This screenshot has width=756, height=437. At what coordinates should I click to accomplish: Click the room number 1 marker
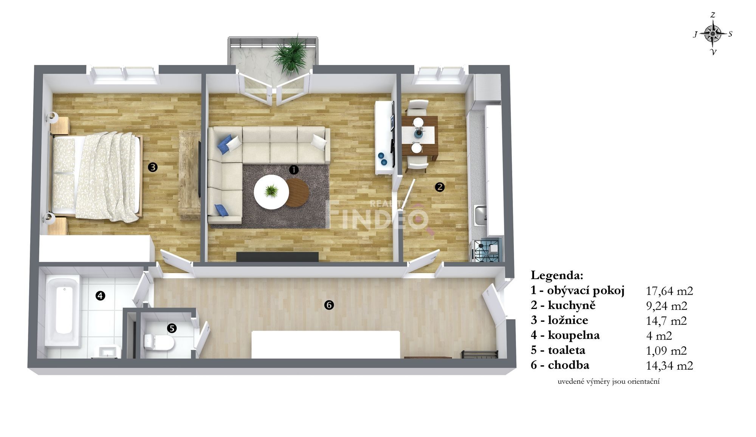click(x=294, y=170)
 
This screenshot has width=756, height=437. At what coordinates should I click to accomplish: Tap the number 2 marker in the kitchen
click(x=440, y=187)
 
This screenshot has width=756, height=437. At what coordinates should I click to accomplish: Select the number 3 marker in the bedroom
click(x=153, y=167)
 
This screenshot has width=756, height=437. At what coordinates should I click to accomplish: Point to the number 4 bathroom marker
click(x=100, y=296)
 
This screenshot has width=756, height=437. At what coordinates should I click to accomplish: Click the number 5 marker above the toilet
click(x=172, y=328)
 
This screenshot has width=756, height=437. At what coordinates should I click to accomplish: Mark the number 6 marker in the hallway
click(x=329, y=305)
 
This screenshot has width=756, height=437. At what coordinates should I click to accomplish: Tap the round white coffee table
click(x=271, y=191)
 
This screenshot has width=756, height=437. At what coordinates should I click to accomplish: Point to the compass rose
click(x=713, y=34)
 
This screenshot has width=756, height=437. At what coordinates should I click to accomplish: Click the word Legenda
click(x=557, y=275)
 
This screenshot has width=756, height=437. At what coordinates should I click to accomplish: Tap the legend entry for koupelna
click(x=565, y=335)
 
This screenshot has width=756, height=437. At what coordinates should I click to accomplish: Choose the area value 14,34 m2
click(x=669, y=365)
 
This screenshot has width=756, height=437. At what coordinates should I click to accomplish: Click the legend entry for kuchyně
click(x=563, y=306)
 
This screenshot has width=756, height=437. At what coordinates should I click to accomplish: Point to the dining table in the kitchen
click(x=420, y=135)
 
